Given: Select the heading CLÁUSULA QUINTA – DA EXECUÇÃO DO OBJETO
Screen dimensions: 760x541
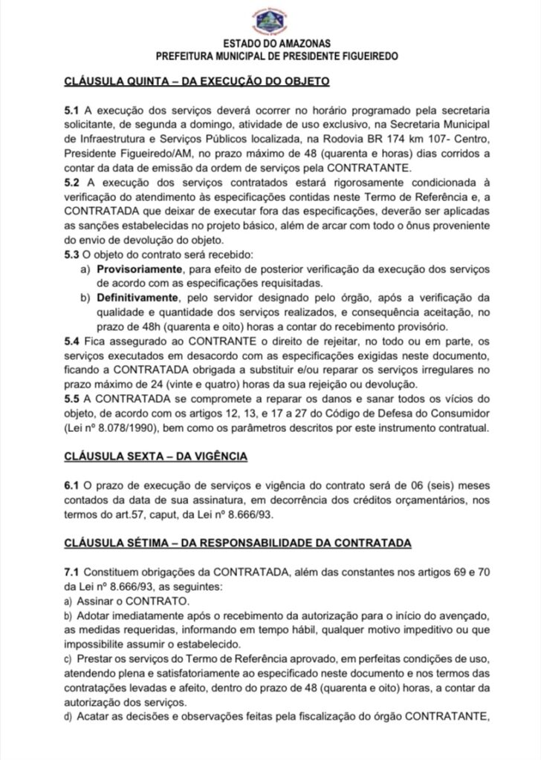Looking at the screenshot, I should pyautogui.click(x=197, y=80).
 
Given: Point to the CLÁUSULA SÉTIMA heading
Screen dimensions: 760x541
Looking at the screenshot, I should pyautogui.click(x=237, y=543).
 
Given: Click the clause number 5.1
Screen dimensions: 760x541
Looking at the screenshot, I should pyautogui.click(x=72, y=110).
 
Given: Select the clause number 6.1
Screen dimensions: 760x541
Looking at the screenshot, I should pyautogui.click(x=72, y=485).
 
